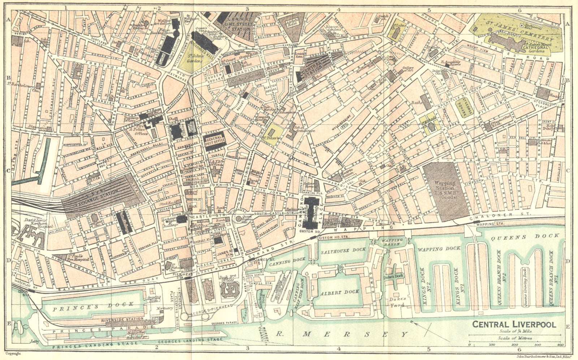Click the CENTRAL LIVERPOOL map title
[x=514, y=324]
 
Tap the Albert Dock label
[x=340, y=291]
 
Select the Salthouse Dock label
[x=344, y=250]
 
